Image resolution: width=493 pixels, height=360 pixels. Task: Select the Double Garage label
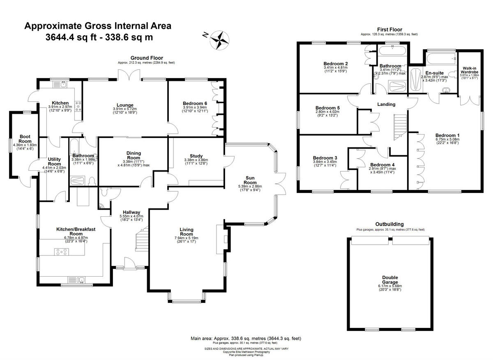tap(390, 280)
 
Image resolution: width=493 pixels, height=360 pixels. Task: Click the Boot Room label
tap(25, 139)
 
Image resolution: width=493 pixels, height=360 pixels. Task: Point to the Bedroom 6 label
tap(195, 104)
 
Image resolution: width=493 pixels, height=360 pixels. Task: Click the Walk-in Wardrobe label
tap(469, 71)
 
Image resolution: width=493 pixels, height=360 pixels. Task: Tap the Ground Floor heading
tap(147, 58)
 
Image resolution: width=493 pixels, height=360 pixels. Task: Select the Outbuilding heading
tap(389, 224)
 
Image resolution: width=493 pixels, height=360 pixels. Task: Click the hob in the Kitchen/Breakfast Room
tap(62, 252)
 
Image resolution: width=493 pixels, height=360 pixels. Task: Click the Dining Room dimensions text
tap(134, 163)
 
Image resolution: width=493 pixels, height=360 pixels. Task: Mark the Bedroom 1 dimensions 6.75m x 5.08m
tap(447, 140)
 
